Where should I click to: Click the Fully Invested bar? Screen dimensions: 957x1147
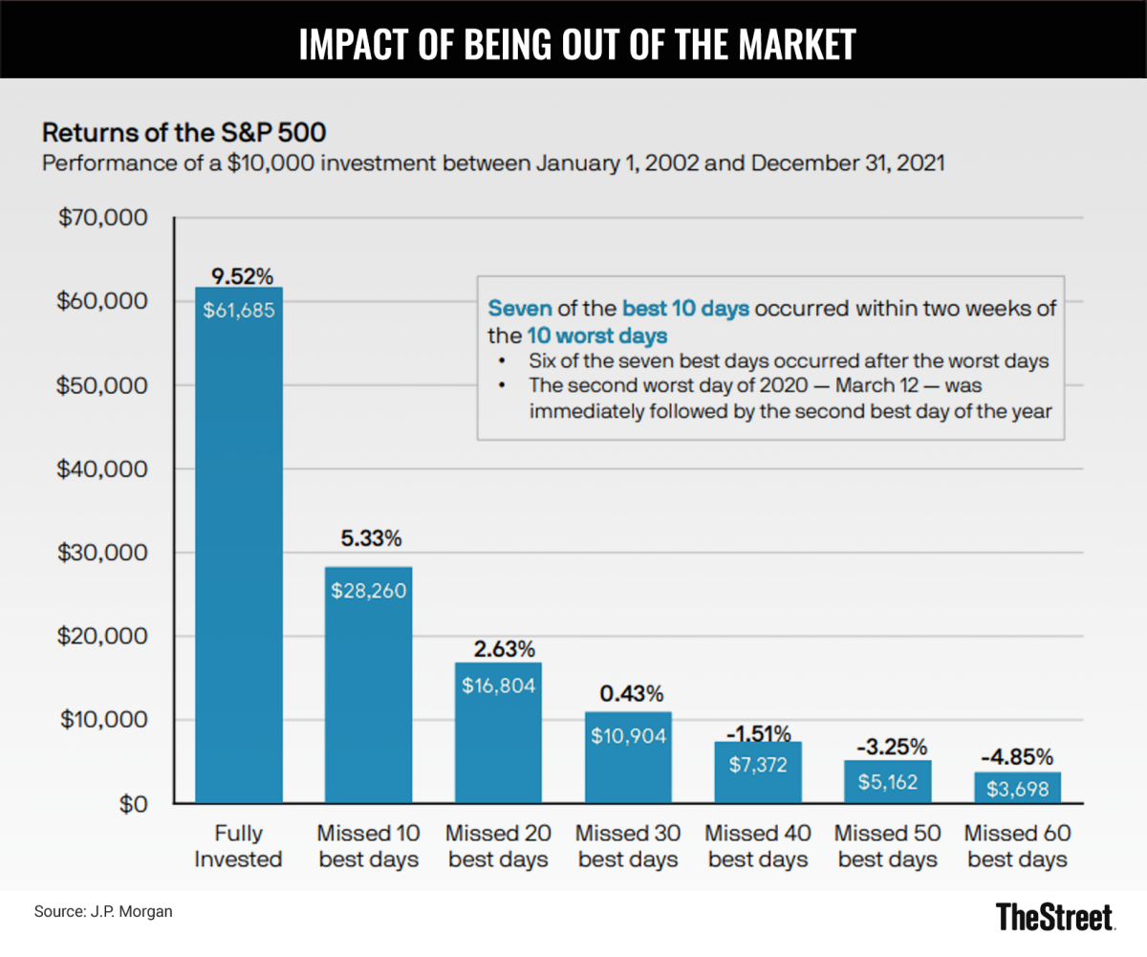[239, 545]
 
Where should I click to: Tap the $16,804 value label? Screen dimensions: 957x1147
[498, 685]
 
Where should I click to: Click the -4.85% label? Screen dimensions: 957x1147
[1018, 761]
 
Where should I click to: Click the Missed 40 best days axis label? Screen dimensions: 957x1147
[758, 845]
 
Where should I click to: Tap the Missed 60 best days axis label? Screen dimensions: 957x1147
[1017, 845]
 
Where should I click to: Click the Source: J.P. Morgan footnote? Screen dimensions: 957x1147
[104, 912]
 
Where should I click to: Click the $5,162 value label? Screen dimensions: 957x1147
[888, 782]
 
